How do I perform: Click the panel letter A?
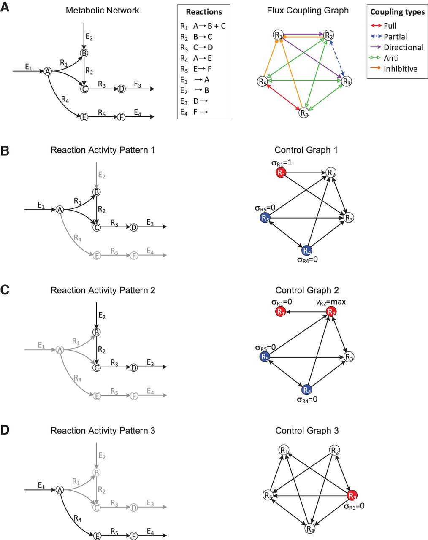5,7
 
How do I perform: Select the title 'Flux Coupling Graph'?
308,11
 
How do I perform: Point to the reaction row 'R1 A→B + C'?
203,26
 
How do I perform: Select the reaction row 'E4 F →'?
195,112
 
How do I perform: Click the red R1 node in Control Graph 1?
281,173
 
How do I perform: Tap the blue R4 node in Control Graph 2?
307,390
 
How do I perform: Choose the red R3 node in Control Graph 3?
352,496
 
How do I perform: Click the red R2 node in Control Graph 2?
331,312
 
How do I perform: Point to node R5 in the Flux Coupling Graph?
263,81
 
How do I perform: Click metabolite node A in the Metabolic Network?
48,72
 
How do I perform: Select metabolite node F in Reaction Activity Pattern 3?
134,536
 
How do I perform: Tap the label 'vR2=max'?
331,302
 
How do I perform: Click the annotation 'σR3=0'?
354,506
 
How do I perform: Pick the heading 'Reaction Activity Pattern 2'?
103,290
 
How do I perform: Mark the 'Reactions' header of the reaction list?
204,12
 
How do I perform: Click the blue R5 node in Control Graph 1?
265,218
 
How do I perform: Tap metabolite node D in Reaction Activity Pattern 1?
134,227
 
